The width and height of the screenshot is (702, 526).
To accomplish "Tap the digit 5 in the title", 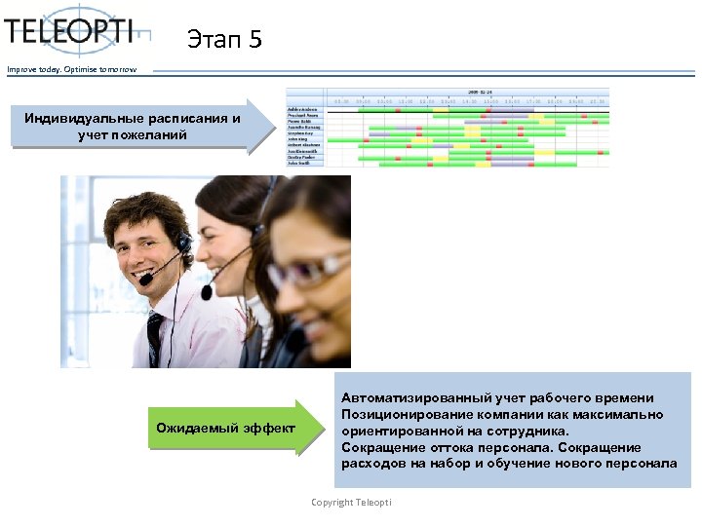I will pos(255,40).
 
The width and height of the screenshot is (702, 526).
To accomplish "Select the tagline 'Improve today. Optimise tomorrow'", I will pos(72,69).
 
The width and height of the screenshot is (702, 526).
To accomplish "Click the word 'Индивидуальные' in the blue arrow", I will pos(85,119).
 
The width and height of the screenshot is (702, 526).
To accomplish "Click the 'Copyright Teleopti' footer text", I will pos(351,502).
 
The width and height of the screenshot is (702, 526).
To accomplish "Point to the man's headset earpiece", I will pos(183,241).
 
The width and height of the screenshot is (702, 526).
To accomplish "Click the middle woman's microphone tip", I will pos(207,291).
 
